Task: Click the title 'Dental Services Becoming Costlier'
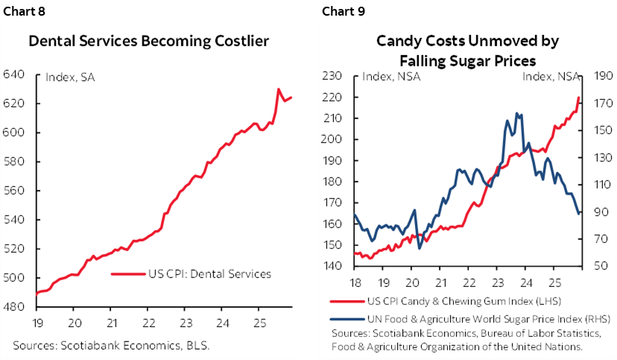point(148,41)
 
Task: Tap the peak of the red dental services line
point(279,89)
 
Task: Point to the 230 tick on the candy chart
point(331,75)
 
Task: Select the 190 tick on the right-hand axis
point(603,75)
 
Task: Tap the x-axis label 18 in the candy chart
point(355,282)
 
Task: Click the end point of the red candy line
point(580,98)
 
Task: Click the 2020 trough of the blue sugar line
point(420,247)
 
